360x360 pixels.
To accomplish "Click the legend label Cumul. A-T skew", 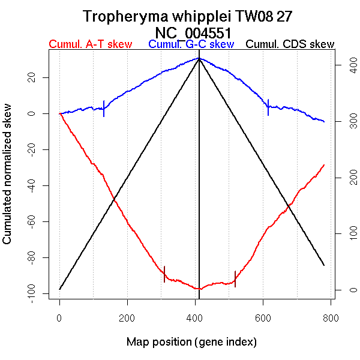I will pos(90,44).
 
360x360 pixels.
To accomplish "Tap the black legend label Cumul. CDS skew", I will pos(290,44).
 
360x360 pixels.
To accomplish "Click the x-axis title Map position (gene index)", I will pos(191,342).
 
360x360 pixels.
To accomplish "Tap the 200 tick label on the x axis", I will pos(127,319).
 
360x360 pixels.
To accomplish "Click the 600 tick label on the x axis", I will pos(263,319).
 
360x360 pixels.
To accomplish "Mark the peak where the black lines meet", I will pos(199,58).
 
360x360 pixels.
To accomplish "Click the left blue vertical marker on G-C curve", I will pos(104,108).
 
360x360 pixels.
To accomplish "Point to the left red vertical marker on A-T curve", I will pos(164,274).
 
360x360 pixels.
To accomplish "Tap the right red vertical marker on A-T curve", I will pos(235,279).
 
